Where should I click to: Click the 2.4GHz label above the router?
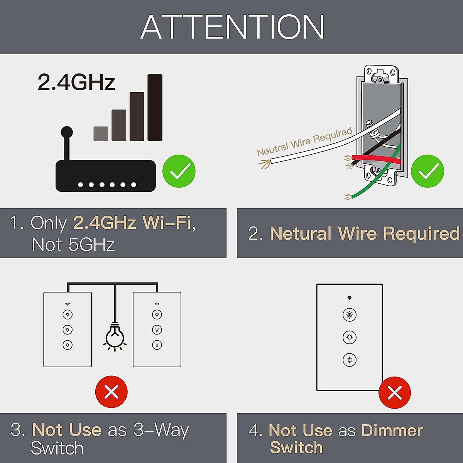(x=76, y=82)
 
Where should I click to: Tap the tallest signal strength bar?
(x=155, y=108)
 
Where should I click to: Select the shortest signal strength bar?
(x=101, y=133)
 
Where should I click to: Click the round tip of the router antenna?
(x=67, y=132)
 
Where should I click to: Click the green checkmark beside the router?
(x=179, y=171)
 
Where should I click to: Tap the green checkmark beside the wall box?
(x=428, y=171)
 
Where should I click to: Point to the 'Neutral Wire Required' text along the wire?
(x=304, y=142)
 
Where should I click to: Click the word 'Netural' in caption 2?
(x=301, y=233)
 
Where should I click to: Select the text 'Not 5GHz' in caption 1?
(x=73, y=245)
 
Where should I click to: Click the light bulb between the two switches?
(x=115, y=336)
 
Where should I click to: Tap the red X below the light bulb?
(x=112, y=392)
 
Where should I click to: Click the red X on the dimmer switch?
(x=394, y=393)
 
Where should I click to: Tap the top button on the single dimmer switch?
(x=350, y=315)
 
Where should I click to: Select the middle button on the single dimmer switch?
(x=350, y=337)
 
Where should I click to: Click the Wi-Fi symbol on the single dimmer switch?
(x=350, y=298)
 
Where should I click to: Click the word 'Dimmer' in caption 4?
(x=392, y=431)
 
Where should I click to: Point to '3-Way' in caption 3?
(x=161, y=430)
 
